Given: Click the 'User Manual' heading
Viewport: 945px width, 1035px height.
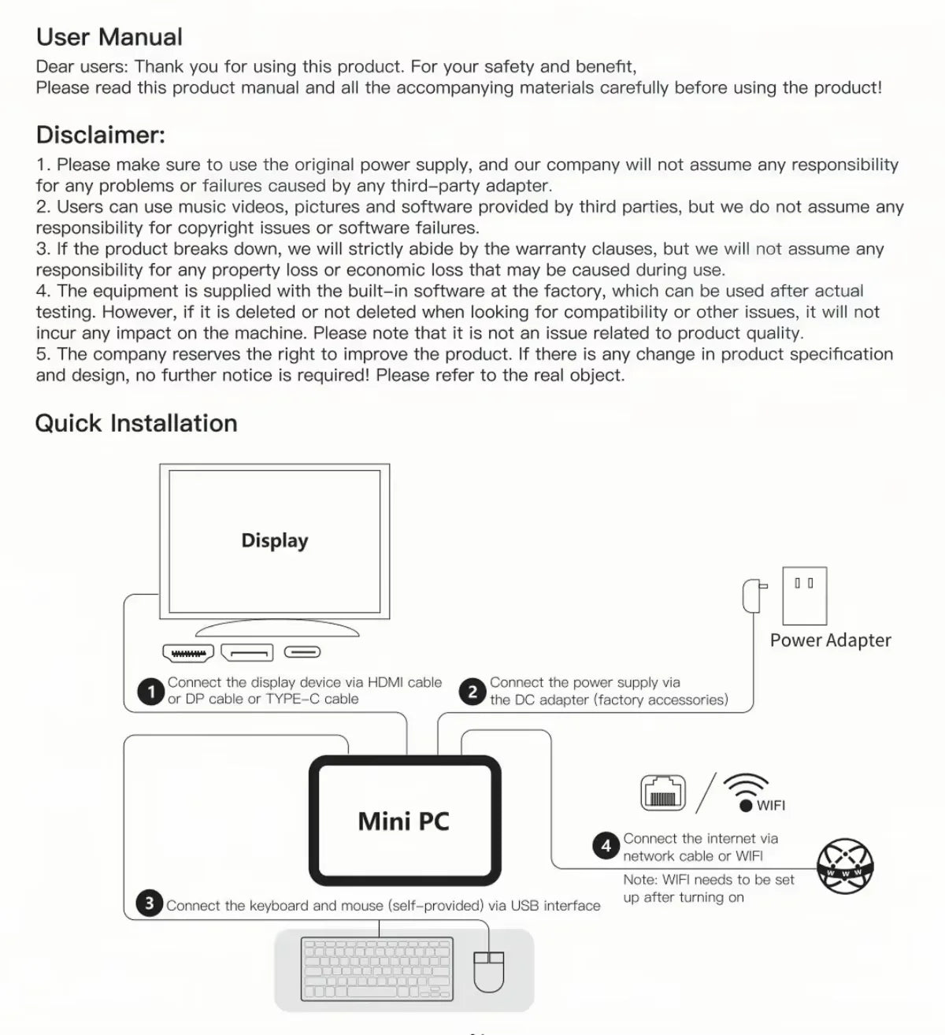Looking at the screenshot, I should (x=109, y=37).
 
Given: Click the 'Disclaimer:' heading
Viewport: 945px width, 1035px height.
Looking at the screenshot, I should (x=101, y=135).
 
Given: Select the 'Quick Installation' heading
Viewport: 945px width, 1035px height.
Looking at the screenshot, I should (x=136, y=423).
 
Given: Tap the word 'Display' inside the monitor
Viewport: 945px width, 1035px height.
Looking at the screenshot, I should (x=274, y=540).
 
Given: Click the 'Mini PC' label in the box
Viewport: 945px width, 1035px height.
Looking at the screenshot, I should (x=403, y=822).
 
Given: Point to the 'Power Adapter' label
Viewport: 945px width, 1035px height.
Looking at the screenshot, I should (x=830, y=640).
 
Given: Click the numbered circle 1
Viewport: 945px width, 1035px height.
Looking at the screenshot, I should (x=150, y=692).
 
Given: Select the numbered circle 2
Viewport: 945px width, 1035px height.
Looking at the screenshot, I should (x=472, y=692).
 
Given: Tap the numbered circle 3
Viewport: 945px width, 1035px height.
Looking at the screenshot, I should (x=149, y=903).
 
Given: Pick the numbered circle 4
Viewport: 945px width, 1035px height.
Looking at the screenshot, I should (x=606, y=847).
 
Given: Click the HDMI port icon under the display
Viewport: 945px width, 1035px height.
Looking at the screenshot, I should (x=188, y=653).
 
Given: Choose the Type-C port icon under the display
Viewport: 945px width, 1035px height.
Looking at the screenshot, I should (x=302, y=652).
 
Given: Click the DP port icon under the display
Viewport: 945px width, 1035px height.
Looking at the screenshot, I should (x=246, y=652).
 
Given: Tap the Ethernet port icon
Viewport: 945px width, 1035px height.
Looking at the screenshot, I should (x=663, y=793).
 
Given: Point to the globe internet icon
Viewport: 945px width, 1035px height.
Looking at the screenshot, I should (x=845, y=866).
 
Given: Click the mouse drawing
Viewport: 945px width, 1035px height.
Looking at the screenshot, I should (x=488, y=971).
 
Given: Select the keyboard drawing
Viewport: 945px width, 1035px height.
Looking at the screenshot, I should (x=377, y=970).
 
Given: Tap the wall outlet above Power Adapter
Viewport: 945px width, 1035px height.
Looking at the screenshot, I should (x=804, y=595).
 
